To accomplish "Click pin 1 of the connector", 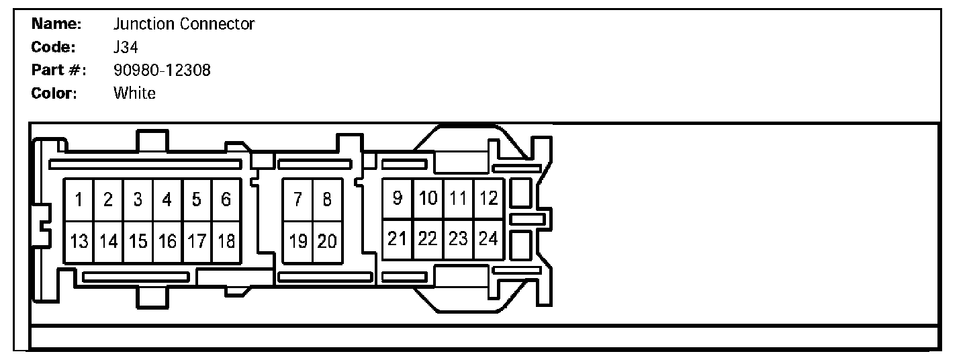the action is (x=79, y=199).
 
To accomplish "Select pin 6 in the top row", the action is (x=226, y=199).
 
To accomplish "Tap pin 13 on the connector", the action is (x=79, y=241).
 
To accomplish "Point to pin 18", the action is (x=226, y=241).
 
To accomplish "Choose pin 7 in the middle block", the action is (x=297, y=199).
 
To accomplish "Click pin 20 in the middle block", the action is (x=327, y=241).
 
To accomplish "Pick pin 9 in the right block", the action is (x=398, y=198).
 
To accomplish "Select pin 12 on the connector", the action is (x=489, y=198).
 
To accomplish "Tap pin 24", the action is (x=489, y=238).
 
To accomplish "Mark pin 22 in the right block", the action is (x=428, y=238).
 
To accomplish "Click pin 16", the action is (x=167, y=241).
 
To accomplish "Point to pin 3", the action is (x=138, y=199).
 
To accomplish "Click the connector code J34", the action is (x=126, y=48).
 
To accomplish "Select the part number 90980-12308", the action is (x=162, y=71).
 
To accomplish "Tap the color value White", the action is (x=134, y=93).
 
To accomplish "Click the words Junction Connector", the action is (x=183, y=25).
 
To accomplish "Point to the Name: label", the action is (x=56, y=25).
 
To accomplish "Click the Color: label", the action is (x=54, y=93).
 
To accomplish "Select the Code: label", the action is (x=53, y=48).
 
